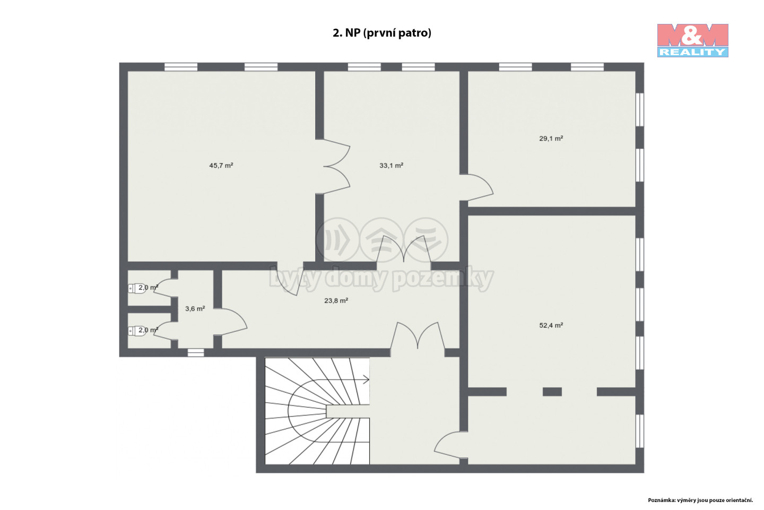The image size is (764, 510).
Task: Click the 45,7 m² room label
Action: [x=221, y=166]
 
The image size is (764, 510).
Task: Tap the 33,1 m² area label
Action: [x=391, y=166]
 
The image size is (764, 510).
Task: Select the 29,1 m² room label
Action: [x=551, y=139]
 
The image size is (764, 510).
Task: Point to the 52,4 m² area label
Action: [x=551, y=325]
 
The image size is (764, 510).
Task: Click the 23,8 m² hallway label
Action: [x=336, y=300]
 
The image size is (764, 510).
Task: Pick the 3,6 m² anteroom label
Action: [x=195, y=309]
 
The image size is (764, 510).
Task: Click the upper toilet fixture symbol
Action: [x=137, y=288]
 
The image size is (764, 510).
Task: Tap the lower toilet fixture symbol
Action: [x=137, y=331]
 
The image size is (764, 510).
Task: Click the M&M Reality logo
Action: [x=693, y=40]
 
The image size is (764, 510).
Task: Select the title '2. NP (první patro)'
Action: [x=381, y=33]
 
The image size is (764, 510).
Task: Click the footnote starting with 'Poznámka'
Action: [x=700, y=500]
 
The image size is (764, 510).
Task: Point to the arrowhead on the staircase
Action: [x=366, y=379]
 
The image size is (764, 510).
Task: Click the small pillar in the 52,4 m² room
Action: [x=552, y=392]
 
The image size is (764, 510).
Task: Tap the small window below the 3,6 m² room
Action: [x=196, y=352]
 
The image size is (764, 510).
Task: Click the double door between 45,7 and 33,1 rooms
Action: [x=336, y=167]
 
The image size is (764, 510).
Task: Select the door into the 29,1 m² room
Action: [x=476, y=188]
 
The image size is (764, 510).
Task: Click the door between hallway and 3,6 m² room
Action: [x=230, y=322]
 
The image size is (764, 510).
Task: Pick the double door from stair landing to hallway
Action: [x=418, y=336]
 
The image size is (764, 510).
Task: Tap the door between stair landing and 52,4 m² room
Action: [x=450, y=445]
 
